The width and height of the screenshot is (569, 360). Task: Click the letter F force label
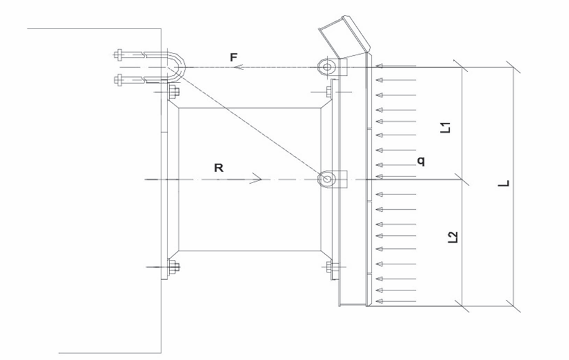pos(234,57)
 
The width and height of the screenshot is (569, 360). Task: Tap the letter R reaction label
pos(219,168)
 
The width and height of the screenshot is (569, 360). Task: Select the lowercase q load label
pos(421,161)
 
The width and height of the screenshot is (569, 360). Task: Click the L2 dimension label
pos(453,237)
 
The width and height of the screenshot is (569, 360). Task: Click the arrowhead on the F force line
pos(238,68)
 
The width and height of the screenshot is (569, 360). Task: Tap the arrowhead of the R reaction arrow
pos(256,179)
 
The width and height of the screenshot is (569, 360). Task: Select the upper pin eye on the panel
pos(326,67)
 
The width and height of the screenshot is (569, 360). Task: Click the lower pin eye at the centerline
pos(326,179)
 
